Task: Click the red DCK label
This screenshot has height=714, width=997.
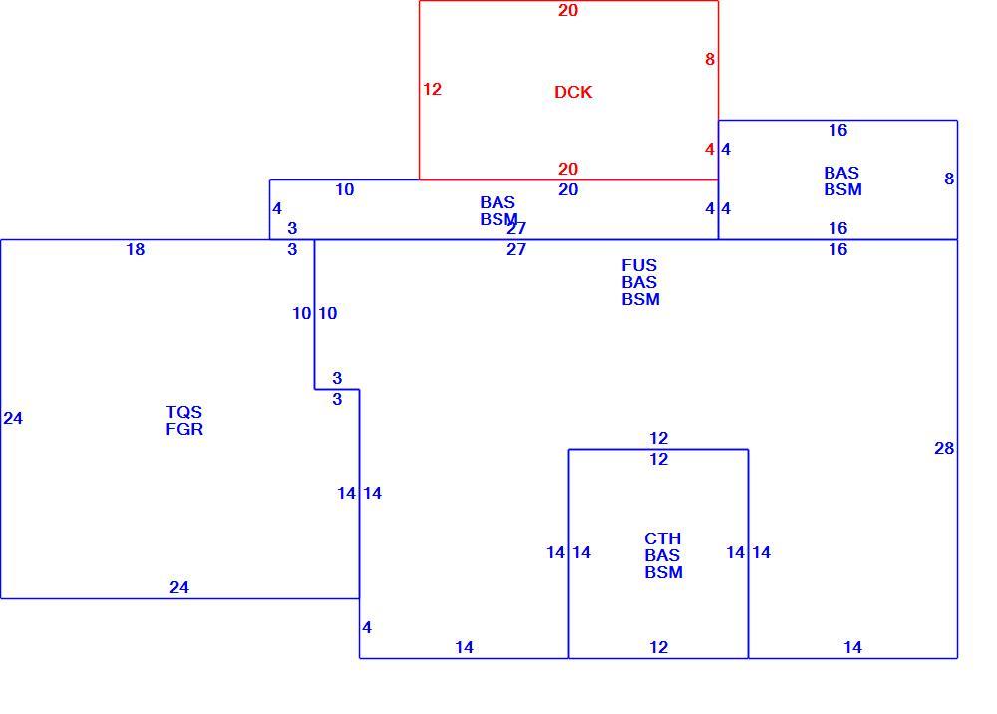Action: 573,92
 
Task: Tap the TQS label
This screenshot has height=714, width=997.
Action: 183,412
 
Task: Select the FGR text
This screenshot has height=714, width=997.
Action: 184,429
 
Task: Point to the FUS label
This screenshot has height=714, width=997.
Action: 639,265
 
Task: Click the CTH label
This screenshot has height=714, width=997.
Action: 663,538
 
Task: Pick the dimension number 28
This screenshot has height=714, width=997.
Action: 944,448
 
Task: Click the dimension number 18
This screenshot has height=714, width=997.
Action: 136,250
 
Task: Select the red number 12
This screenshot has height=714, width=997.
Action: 432,89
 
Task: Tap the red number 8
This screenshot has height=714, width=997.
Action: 710,59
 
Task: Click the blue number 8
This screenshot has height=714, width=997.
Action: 949,178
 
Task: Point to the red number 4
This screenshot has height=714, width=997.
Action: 710,149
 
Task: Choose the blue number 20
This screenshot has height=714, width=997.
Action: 568,189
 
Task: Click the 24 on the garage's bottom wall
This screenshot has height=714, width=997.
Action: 179,587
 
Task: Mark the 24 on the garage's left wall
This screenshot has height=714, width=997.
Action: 13,418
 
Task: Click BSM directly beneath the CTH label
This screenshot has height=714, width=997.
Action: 664,572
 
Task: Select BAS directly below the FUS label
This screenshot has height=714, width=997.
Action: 639,282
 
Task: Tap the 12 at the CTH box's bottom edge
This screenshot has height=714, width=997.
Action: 659,647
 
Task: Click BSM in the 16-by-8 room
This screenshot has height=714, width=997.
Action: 843,189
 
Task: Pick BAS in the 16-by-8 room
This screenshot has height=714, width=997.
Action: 841,173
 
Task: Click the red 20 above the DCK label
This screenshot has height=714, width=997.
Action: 568,10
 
